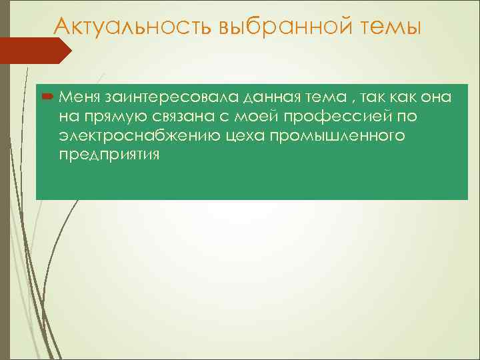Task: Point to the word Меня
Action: (x=79, y=98)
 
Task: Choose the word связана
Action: (x=182, y=117)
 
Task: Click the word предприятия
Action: (x=109, y=155)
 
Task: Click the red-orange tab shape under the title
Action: (x=33, y=51)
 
